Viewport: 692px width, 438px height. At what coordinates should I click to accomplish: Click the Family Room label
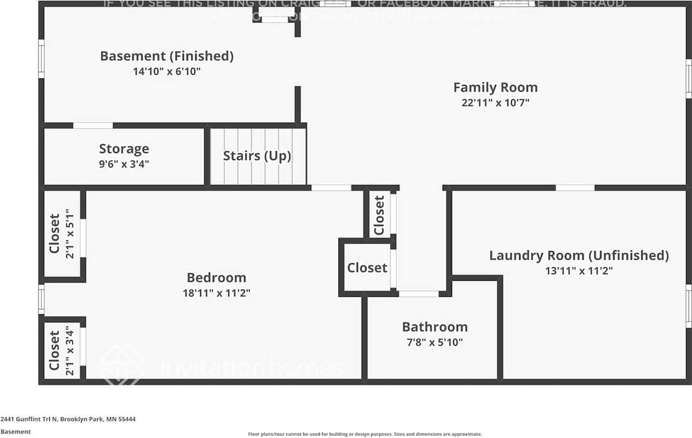pyautogui.click(x=495, y=87)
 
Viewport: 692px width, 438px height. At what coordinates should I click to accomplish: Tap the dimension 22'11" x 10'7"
pyautogui.click(x=495, y=103)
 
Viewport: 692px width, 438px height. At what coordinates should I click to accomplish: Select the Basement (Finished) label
pyautogui.click(x=167, y=56)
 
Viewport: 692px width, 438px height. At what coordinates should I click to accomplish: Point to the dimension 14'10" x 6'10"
pyautogui.click(x=167, y=71)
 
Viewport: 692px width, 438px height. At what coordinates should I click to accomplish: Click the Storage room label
pyautogui.click(x=124, y=149)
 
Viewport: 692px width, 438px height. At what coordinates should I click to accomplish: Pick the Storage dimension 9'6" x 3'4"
pyautogui.click(x=124, y=164)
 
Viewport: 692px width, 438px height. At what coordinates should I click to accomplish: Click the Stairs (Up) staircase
pyautogui.click(x=257, y=156)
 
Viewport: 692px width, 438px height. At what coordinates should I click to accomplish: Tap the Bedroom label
pyautogui.click(x=216, y=278)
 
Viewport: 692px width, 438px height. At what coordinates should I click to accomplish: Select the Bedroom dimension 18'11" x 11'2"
pyautogui.click(x=216, y=293)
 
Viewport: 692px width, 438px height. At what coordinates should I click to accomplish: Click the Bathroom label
pyautogui.click(x=435, y=327)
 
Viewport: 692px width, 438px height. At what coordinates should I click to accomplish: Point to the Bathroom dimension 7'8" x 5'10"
pyautogui.click(x=435, y=342)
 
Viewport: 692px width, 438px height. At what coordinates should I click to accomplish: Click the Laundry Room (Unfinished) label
pyautogui.click(x=579, y=255)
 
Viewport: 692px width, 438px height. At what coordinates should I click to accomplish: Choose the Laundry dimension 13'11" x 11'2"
pyautogui.click(x=579, y=271)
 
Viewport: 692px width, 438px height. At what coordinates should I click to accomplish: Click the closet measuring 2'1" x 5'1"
pyautogui.click(x=62, y=233)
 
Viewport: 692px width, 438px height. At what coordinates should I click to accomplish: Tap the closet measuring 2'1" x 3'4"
pyautogui.click(x=62, y=350)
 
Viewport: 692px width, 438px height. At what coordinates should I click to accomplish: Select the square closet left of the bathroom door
pyautogui.click(x=367, y=268)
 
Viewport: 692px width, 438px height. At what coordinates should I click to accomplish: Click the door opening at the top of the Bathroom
pyautogui.click(x=418, y=294)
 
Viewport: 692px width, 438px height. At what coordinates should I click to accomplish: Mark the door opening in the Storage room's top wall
pyautogui.click(x=93, y=126)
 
